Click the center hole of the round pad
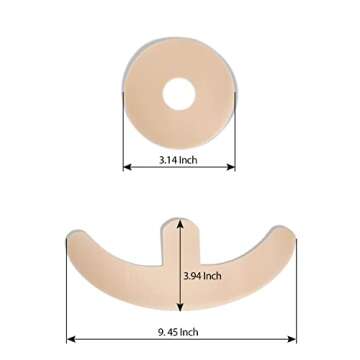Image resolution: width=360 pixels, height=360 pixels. pos(180,95)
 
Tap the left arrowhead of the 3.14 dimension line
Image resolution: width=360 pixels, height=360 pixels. pos(127,167)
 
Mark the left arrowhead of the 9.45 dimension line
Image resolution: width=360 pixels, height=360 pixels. pos(71,340)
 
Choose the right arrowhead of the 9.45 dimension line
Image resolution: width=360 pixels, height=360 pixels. pos(293,340)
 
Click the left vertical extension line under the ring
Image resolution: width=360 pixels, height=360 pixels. pos(123,150)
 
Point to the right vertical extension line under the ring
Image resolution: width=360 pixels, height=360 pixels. pos(236,150)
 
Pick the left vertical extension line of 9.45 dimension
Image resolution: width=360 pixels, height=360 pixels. pos(67,300)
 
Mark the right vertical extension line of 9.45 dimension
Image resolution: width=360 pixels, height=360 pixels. pos(297,300)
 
